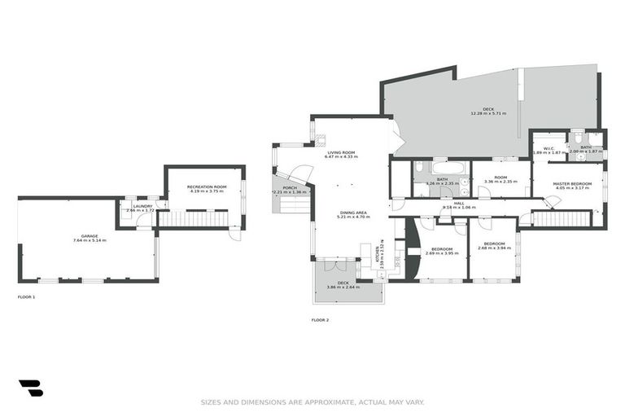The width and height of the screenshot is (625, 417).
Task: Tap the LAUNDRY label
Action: (x=142, y=205)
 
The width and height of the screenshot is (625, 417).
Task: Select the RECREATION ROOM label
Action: (x=206, y=187)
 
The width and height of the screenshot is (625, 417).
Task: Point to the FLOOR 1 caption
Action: (x=26, y=297)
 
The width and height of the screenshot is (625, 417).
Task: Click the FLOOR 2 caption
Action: (x=320, y=320)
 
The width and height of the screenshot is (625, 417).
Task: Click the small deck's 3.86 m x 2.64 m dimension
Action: (x=343, y=288)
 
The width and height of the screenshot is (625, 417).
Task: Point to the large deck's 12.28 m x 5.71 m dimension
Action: (x=487, y=113)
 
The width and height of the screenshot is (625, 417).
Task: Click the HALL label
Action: (x=459, y=203)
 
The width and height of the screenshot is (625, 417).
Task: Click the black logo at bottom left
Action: (x=30, y=388)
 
